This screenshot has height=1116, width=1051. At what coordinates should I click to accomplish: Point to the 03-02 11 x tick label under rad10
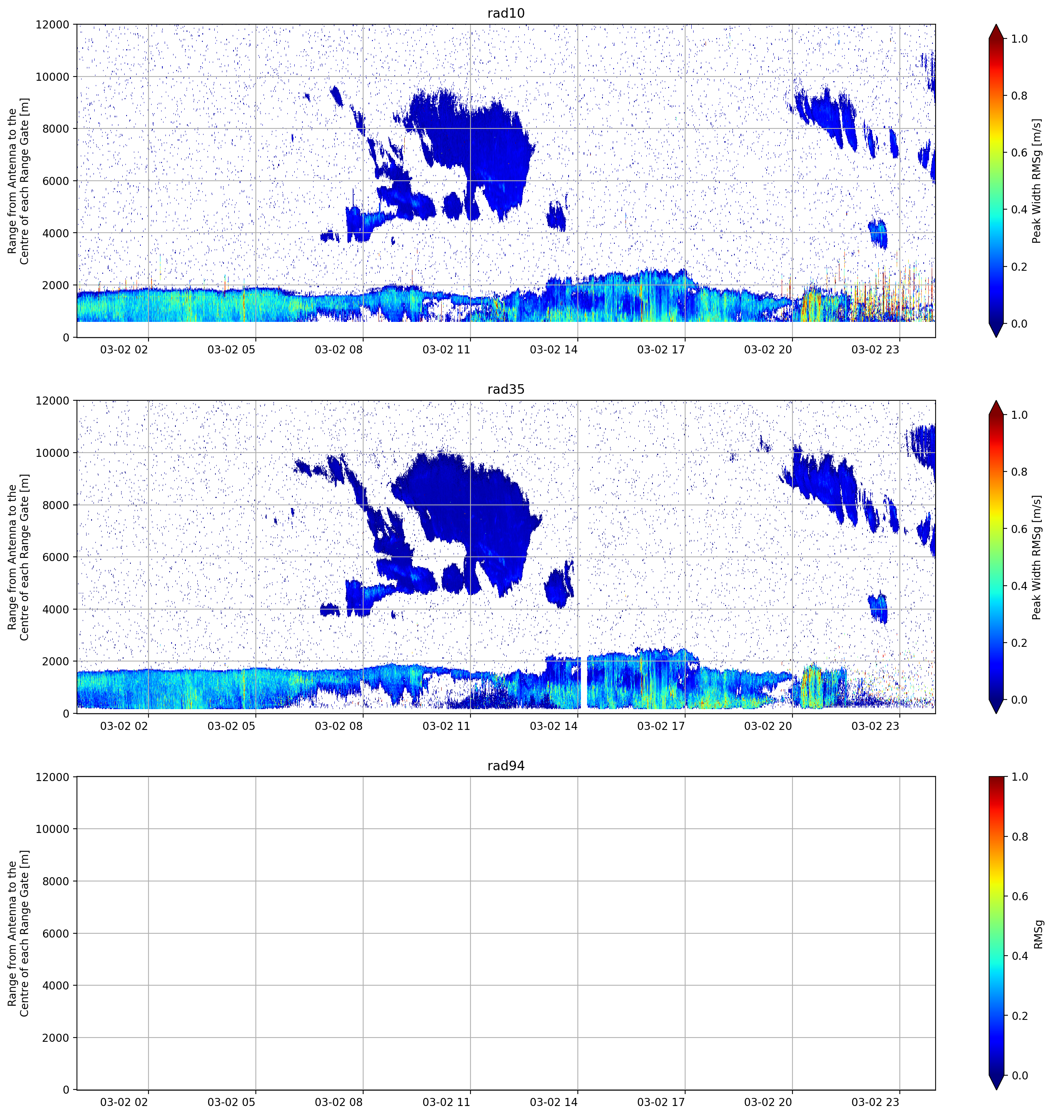446,350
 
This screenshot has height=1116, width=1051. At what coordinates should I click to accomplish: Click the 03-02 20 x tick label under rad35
767,726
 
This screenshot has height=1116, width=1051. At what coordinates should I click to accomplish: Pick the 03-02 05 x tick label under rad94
231,1102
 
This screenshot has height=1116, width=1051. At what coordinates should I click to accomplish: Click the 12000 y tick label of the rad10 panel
53,25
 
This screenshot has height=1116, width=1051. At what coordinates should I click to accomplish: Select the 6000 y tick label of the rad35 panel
56,557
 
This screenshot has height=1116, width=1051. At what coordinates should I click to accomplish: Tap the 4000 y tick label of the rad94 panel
56,985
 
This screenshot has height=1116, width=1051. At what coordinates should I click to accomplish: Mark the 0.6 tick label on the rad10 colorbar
1019,153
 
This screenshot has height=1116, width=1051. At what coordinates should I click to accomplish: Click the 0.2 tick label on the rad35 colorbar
1019,643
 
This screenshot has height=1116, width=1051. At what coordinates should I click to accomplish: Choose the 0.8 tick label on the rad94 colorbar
1019,836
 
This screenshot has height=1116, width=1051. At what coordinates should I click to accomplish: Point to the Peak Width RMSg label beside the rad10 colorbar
1036,181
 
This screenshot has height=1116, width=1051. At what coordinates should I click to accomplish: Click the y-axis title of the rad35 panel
18,557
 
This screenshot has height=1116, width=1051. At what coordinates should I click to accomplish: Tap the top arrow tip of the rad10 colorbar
996,25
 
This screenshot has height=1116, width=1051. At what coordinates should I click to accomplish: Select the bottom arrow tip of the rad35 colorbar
996,713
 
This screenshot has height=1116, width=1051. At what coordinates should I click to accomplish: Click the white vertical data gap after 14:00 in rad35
584,682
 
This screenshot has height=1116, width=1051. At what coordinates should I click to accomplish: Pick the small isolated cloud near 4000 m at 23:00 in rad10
878,233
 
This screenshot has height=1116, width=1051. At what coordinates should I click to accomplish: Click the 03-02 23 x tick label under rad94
875,1102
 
